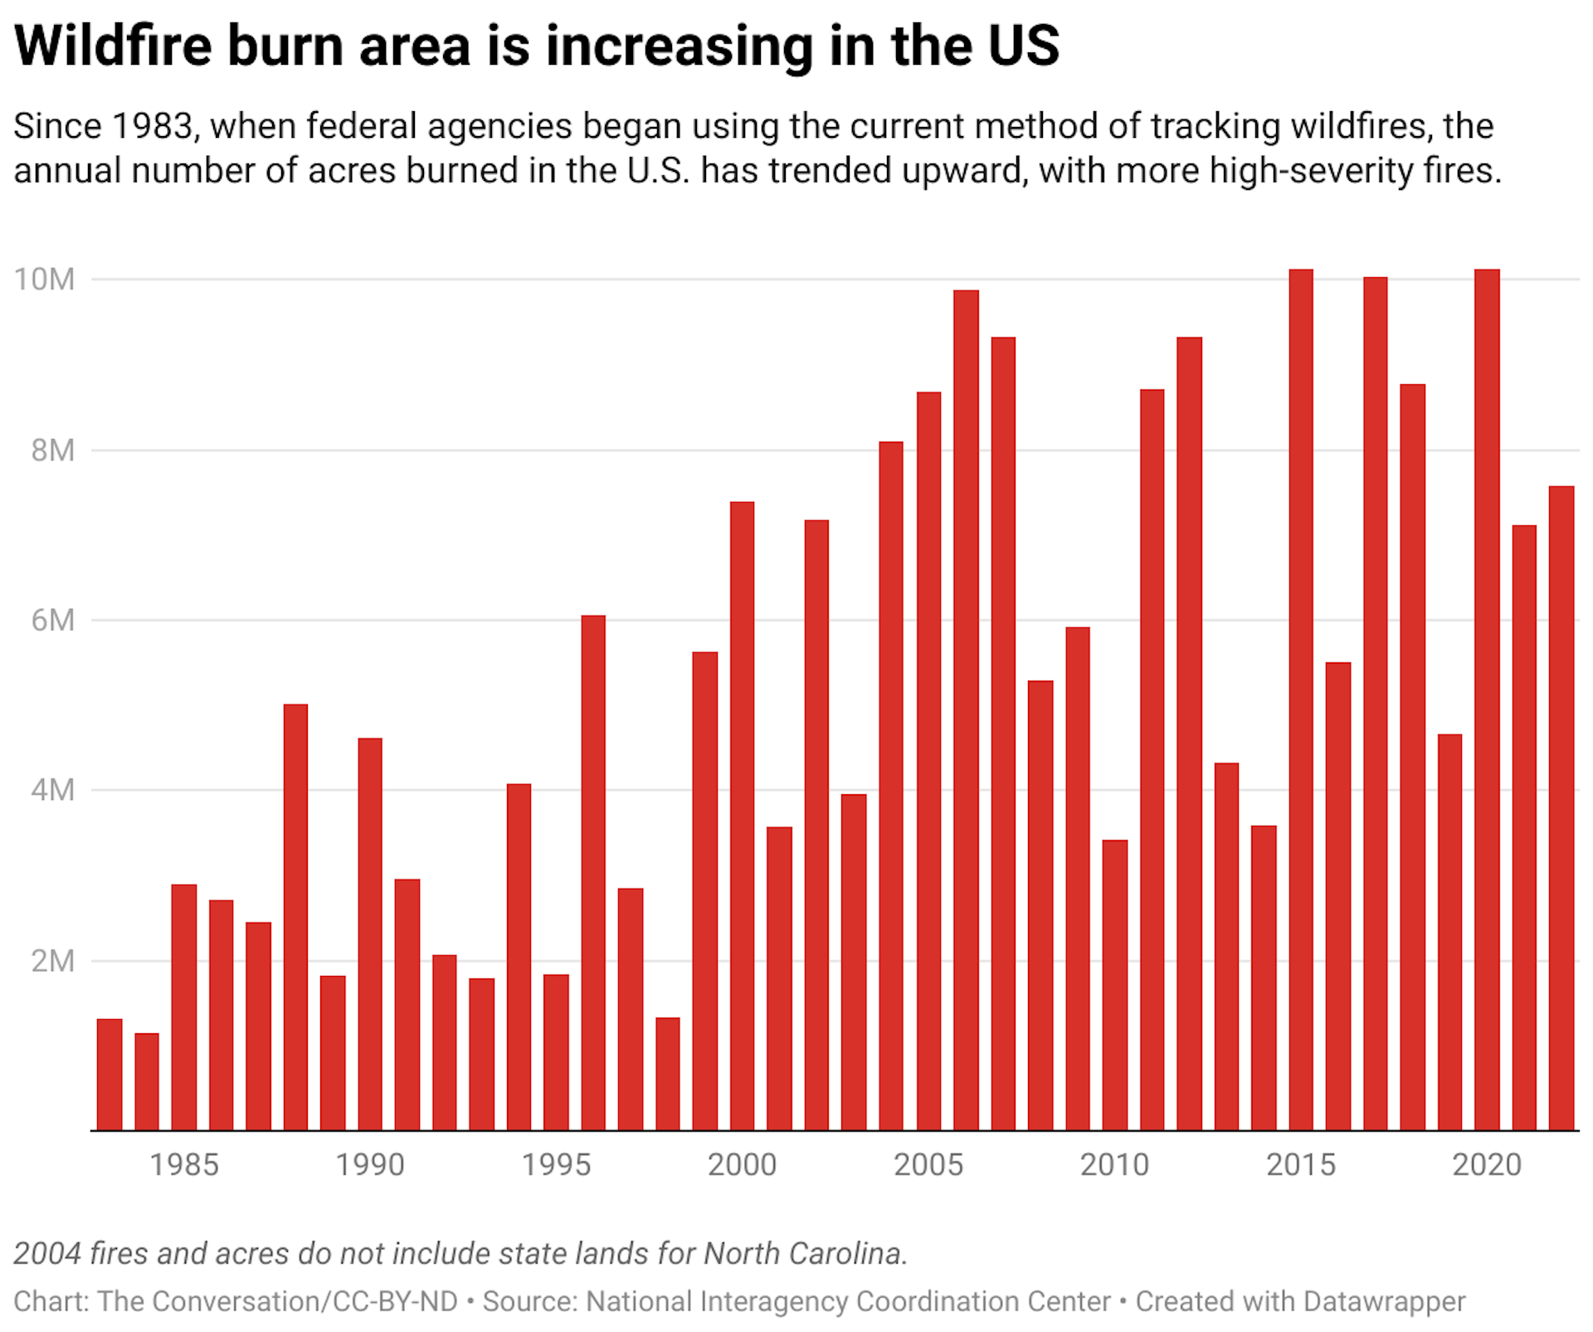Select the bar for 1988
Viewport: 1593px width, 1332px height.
point(295,916)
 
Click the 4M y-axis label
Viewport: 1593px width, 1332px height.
point(52,790)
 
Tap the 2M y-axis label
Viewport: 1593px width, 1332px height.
point(52,961)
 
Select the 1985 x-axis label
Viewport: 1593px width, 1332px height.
point(183,1164)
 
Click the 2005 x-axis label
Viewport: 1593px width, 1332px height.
point(928,1164)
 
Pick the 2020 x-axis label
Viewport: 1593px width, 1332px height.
point(1487,1164)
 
